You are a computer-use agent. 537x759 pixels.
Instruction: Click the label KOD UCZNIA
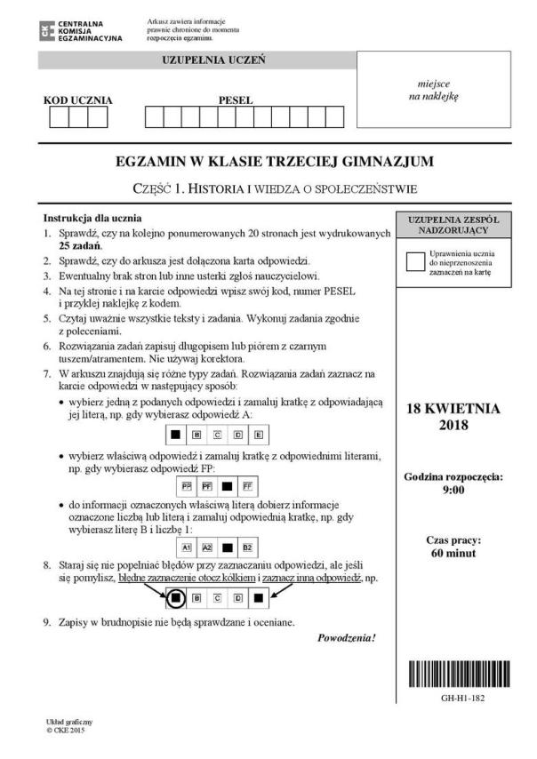pyautogui.click(x=78, y=100)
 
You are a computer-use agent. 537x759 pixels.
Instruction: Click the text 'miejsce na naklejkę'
pyautogui.click(x=434, y=90)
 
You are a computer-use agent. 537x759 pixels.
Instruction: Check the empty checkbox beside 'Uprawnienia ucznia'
pyautogui.click(x=415, y=261)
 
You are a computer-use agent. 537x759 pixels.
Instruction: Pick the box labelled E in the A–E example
pyautogui.click(x=258, y=435)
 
